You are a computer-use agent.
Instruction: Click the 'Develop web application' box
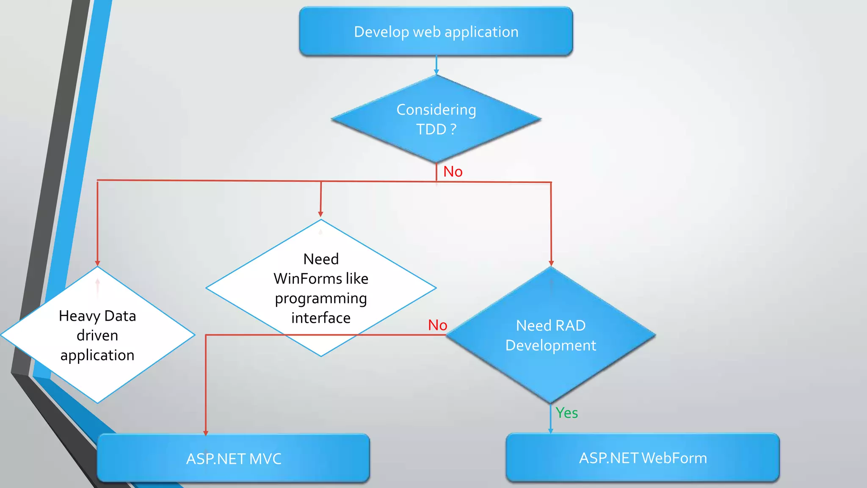[436, 32]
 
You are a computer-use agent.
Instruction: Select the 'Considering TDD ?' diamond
[436, 119]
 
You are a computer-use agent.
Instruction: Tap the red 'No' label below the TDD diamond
[453, 172]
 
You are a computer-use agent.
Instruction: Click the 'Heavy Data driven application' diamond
[97, 335]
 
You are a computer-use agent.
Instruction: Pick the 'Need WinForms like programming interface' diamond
[321, 288]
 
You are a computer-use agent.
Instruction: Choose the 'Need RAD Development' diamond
[550, 335]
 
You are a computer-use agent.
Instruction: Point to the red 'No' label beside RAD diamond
[437, 325]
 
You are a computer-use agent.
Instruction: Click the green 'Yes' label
[566, 413]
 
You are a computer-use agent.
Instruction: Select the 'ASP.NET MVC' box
[233, 458]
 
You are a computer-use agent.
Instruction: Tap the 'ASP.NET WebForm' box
[643, 458]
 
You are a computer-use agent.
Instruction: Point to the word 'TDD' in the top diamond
[431, 129]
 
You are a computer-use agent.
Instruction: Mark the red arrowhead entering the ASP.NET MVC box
[206, 433]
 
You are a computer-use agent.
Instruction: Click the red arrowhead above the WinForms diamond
[320, 214]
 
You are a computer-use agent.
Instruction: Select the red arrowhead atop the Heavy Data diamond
[97, 263]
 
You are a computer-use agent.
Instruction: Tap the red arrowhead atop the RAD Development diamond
[551, 263]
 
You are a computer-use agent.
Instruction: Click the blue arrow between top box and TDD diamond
[436, 66]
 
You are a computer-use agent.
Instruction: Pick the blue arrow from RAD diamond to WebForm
[550, 419]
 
